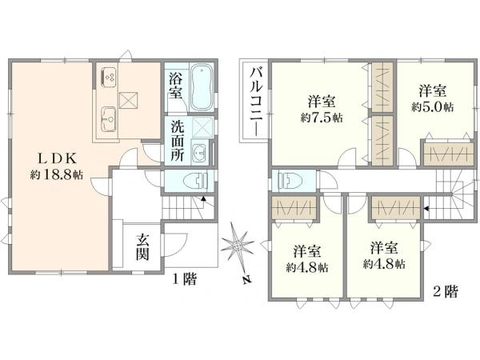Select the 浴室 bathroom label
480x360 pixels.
pyautogui.click(x=175, y=86)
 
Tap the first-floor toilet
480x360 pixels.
pyautogui.click(x=193, y=180)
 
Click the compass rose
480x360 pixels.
pyautogui.click(x=238, y=245)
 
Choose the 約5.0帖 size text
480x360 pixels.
pyautogui.click(x=432, y=104)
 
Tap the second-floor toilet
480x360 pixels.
pyautogui.click(x=286, y=179)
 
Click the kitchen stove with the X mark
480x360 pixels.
pyautogui.click(x=129, y=99)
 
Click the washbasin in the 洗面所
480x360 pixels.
pyautogui.click(x=200, y=154)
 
